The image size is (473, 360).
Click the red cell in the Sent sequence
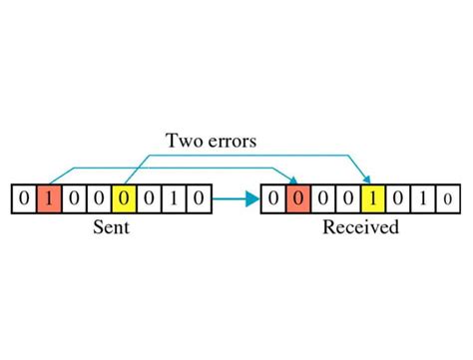(48, 199)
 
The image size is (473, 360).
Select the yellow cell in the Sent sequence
(123, 199)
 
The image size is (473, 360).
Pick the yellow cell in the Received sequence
(372, 199)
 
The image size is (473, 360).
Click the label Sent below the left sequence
(110, 228)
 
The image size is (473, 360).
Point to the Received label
(360, 228)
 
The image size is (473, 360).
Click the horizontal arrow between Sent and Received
(235, 199)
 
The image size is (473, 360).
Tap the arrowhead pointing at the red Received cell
(295, 180)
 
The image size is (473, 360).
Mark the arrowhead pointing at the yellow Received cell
(371, 180)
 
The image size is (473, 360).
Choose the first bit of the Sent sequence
(23, 199)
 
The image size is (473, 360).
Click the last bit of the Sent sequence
(198, 199)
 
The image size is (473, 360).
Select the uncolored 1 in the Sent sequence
(173, 199)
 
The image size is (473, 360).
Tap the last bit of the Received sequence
(447, 199)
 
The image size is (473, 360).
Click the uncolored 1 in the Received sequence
(422, 199)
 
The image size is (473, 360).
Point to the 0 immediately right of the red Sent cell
(73, 199)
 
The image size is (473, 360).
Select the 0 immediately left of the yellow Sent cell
(98, 199)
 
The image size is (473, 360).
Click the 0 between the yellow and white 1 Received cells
(397, 199)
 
